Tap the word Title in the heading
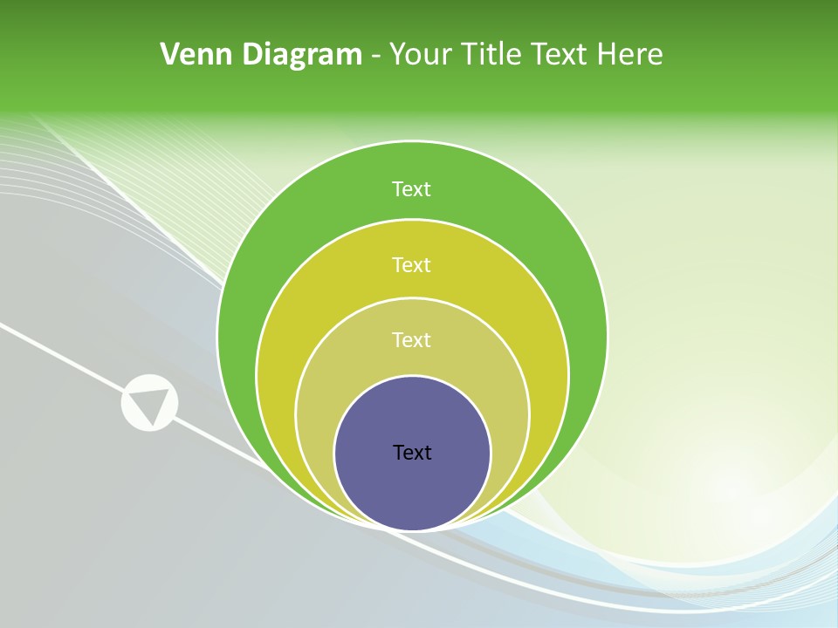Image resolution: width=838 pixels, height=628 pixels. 494,55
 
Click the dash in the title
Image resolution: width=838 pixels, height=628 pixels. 375,57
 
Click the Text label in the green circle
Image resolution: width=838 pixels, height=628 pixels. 411,189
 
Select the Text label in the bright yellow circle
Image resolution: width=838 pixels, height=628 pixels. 411,264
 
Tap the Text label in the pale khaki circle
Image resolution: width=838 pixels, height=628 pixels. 411,339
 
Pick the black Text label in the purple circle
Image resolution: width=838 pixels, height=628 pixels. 412,452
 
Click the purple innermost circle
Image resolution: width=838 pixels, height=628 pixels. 412,488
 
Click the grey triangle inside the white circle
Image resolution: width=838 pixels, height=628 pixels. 149,403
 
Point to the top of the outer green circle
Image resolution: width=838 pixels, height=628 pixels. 412,143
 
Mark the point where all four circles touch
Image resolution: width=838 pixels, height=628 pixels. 412,529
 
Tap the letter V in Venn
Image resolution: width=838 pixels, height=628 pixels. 170,55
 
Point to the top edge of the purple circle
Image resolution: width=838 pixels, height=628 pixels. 412,377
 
